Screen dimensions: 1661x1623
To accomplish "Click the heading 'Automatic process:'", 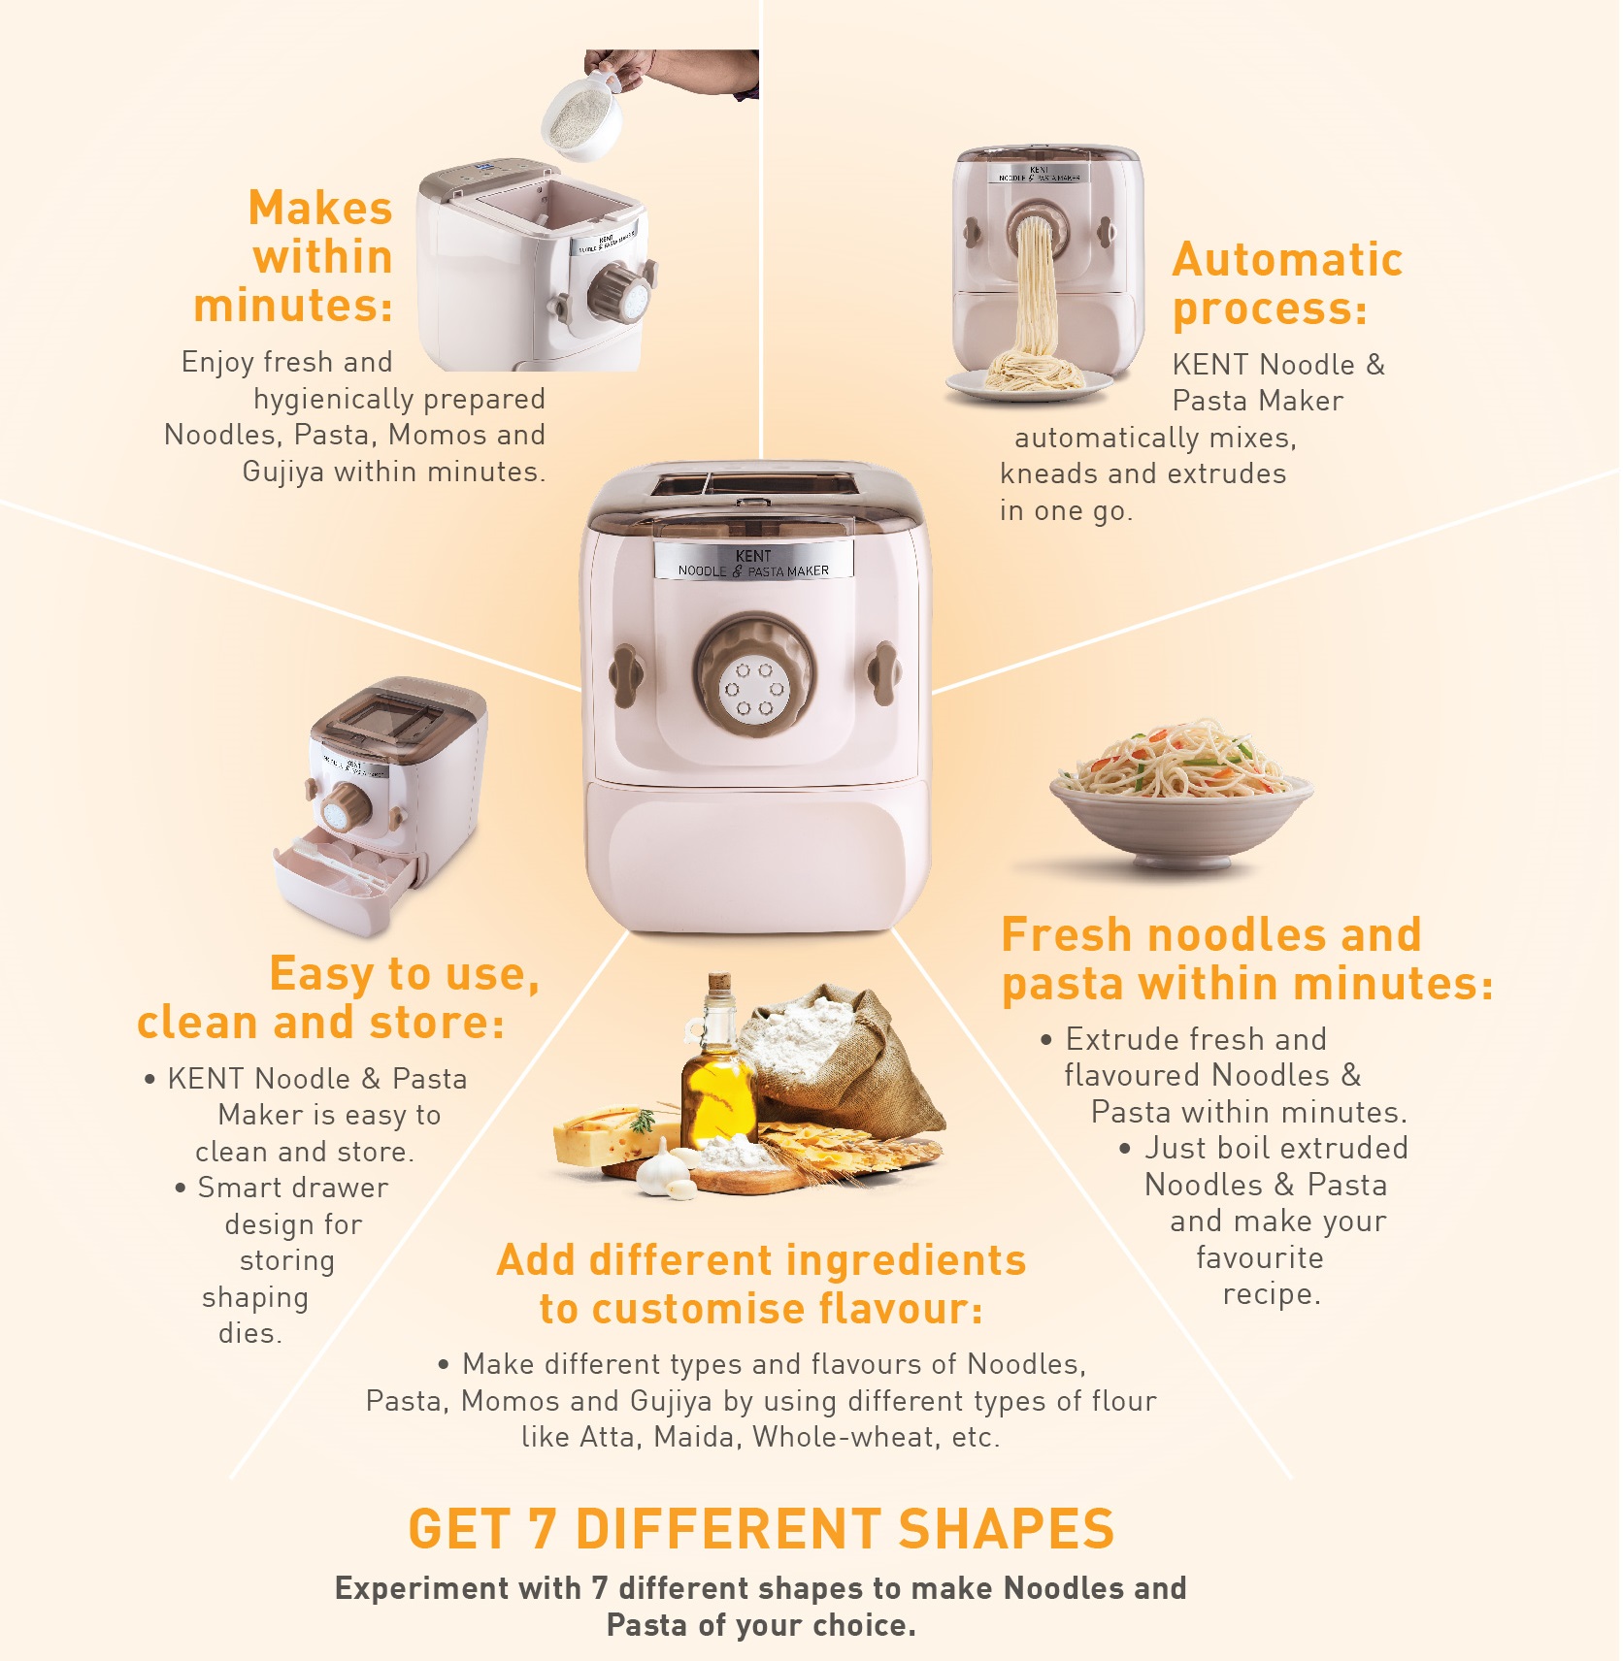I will [x=1286, y=284].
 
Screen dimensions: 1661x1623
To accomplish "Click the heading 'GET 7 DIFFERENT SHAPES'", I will [x=761, y=1529].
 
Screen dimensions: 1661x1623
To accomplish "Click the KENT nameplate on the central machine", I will [x=753, y=563].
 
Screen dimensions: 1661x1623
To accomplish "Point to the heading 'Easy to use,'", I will [x=404, y=974].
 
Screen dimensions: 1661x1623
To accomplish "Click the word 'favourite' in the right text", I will [x=1259, y=1258].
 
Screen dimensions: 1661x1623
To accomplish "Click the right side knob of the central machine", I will [x=882, y=672].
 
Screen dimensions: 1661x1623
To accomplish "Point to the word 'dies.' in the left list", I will [x=250, y=1334].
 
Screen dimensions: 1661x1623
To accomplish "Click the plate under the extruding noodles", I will [x=1029, y=386].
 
